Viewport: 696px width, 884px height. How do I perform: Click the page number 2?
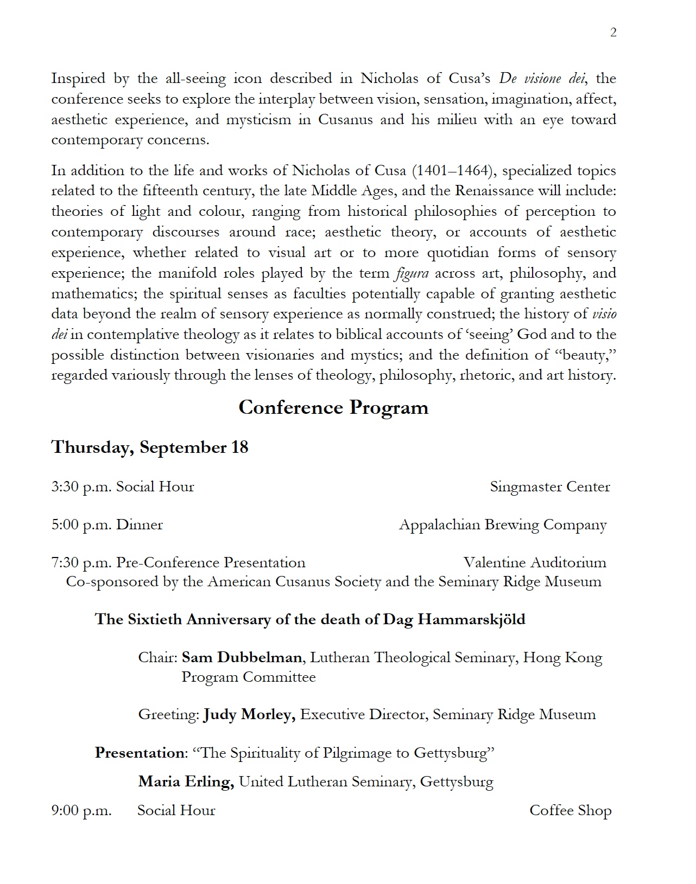(x=613, y=33)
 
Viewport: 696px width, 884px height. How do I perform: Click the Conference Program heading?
(x=333, y=407)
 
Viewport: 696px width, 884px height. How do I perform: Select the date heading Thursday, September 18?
(x=150, y=447)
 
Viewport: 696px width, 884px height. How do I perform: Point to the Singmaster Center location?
(x=549, y=486)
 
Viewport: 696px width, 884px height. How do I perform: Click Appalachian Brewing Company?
(x=502, y=524)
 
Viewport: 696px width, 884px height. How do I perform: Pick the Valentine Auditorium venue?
(x=534, y=562)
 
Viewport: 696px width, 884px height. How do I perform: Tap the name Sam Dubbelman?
(x=242, y=657)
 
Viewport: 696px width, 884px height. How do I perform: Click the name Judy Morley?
(x=249, y=714)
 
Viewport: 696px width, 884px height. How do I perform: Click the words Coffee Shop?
(x=570, y=810)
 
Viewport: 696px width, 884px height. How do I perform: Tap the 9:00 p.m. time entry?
(x=81, y=810)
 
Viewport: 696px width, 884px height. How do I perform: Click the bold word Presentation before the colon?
(x=140, y=753)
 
